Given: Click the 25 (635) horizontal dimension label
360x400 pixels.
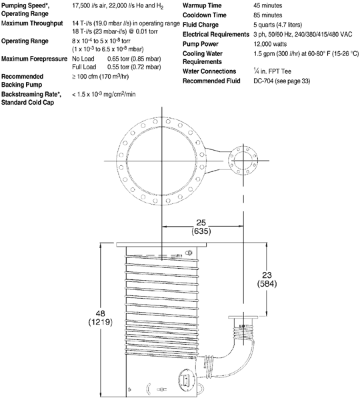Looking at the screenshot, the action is pyautogui.click(x=201, y=227).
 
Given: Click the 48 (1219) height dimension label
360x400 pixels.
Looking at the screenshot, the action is pyautogui.click(x=101, y=317).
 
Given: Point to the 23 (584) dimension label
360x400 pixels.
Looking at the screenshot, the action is pyautogui.click(x=267, y=279).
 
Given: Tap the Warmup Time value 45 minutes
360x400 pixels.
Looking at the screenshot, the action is pyautogui.click(x=267, y=5).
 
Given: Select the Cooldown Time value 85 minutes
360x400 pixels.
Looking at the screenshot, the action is pyautogui.click(x=267, y=15).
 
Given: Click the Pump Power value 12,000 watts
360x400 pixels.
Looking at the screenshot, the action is pyautogui.click(x=270, y=44).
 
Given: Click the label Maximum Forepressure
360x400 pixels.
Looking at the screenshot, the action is pyautogui.click(x=34, y=59).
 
